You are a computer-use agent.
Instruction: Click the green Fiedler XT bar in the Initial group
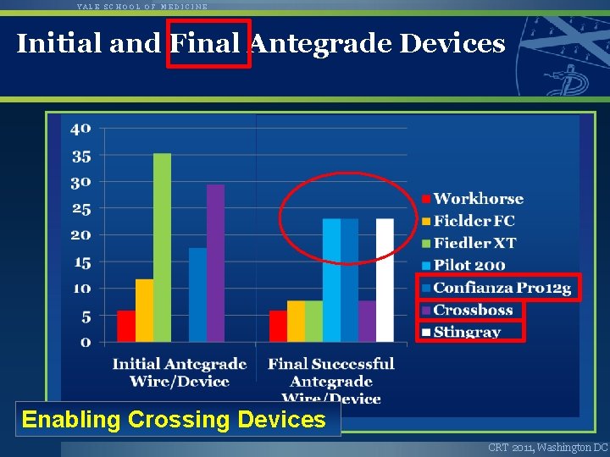(x=162, y=247)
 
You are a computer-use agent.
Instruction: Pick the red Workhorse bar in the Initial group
(x=126, y=326)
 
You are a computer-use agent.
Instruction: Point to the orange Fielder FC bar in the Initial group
(x=144, y=311)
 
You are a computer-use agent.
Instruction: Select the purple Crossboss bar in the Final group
(x=367, y=321)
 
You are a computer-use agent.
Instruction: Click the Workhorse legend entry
(x=478, y=199)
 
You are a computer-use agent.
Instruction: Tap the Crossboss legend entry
(x=473, y=310)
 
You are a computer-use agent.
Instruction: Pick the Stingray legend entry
(x=467, y=332)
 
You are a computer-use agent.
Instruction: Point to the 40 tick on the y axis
(x=80, y=129)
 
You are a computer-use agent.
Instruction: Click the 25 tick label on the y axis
(x=80, y=208)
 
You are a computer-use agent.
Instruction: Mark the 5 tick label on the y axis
(x=86, y=317)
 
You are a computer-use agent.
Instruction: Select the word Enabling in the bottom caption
(x=69, y=419)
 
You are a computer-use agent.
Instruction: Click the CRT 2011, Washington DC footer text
(x=547, y=446)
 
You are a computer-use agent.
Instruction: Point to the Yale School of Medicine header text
(x=141, y=6)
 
